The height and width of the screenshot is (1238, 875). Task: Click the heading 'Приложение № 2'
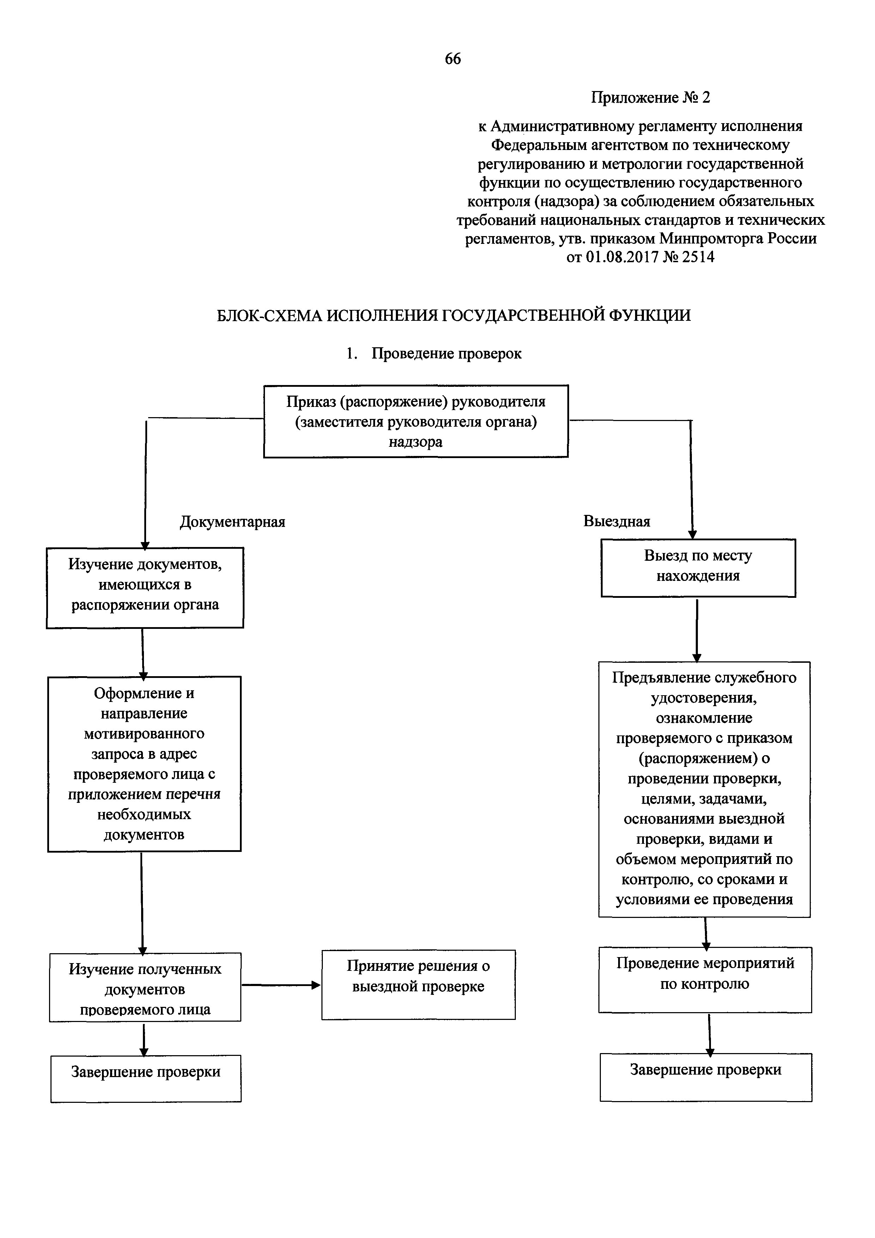coord(650,98)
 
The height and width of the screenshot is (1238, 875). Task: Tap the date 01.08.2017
coord(622,257)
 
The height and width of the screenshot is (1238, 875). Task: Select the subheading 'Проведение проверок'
coord(446,354)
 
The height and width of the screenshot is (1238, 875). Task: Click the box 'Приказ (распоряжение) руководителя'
coord(416,421)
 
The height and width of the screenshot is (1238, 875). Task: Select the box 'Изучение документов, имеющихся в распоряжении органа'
coord(145,587)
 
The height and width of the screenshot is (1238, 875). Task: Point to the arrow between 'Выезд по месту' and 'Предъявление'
coord(697,629)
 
